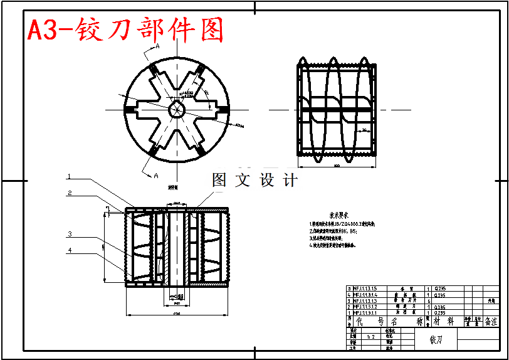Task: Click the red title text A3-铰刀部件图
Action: (x=125, y=30)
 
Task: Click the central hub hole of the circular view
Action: (x=177, y=109)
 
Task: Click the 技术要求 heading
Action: (x=330, y=214)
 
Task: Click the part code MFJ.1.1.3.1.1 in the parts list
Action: (x=365, y=312)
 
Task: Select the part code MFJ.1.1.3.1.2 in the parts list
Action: (x=365, y=307)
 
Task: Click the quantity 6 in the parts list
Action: (x=428, y=301)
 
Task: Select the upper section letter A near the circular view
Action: (x=157, y=46)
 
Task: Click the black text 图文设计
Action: (x=255, y=181)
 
